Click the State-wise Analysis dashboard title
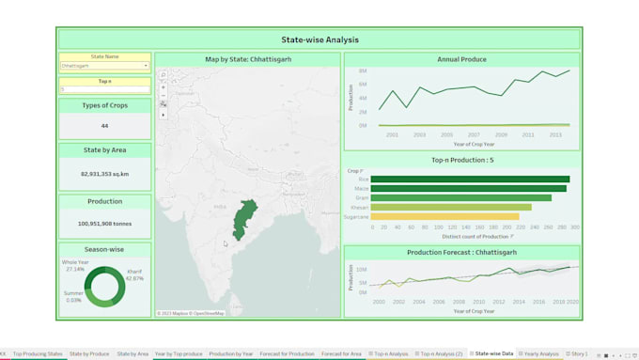(319, 40)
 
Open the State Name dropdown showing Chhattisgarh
(104, 66)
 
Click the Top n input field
(104, 89)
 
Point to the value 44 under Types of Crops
(104, 126)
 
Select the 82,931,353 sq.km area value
(104, 174)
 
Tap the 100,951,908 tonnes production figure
(104, 224)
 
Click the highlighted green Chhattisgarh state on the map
(245, 218)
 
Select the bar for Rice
(470, 179)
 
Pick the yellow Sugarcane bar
(444, 216)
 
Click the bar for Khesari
(451, 207)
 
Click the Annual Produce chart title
(461, 59)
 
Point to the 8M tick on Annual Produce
(363, 70)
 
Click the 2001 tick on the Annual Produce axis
(392, 134)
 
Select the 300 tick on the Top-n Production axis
(574, 227)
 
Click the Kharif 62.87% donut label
(134, 275)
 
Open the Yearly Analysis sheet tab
(540, 353)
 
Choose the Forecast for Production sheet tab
(287, 353)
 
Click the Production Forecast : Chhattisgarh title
(461, 253)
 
